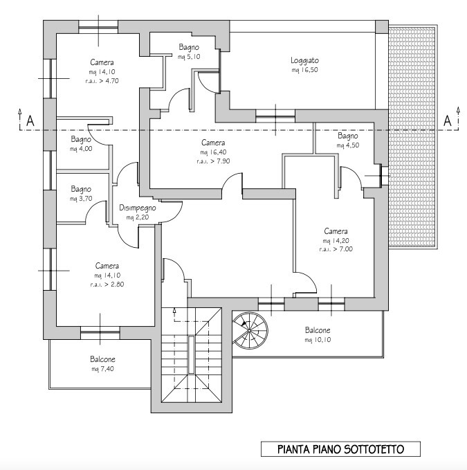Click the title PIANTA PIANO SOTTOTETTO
(340, 449)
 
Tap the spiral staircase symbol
(250, 330)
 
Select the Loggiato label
(304, 60)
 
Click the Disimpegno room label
(138, 208)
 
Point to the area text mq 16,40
(213, 152)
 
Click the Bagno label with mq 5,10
(189, 47)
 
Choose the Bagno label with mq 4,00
(81, 139)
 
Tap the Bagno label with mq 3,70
(81, 189)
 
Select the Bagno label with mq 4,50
(348, 136)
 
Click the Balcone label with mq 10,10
(318, 330)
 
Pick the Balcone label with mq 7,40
(102, 359)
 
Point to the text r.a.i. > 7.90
(213, 161)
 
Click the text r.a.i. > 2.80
(107, 284)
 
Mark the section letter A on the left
(30, 121)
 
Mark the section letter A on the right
(447, 121)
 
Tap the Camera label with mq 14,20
(336, 231)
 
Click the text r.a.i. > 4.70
(102, 81)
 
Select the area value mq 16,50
(304, 70)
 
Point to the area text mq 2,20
(138, 217)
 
